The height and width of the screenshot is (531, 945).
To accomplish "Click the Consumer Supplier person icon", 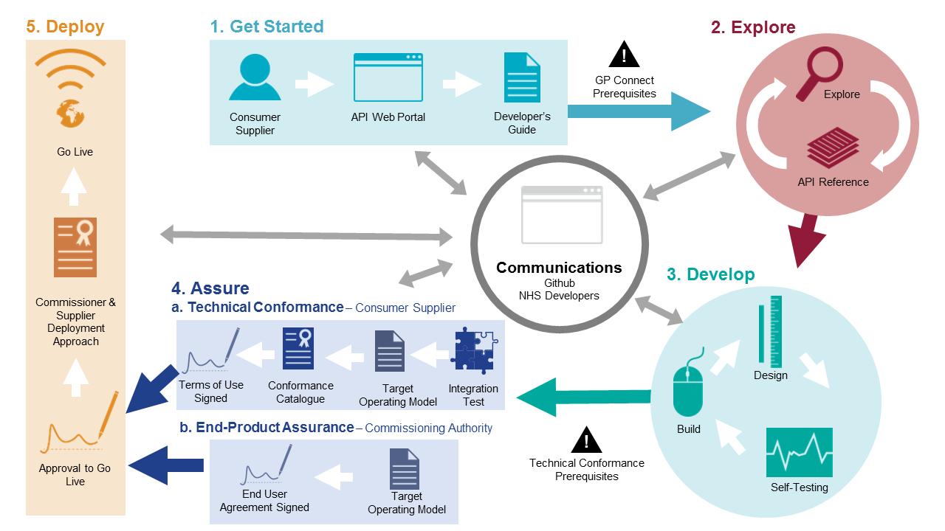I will pyautogui.click(x=255, y=77).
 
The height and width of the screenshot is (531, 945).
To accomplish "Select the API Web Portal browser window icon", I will pyautogui.click(x=388, y=77).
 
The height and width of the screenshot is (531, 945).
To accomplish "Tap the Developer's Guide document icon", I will pyautogui.click(x=522, y=77).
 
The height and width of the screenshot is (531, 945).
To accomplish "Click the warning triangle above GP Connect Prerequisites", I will pyautogui.click(x=624, y=55).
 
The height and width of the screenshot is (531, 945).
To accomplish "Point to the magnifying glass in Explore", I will pyautogui.click(x=814, y=73).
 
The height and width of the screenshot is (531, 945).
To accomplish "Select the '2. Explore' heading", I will pyautogui.click(x=753, y=28).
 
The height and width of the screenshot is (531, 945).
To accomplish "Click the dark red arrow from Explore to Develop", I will pyautogui.click(x=808, y=240).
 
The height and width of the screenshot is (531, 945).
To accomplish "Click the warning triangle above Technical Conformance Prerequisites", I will pyautogui.click(x=586, y=440).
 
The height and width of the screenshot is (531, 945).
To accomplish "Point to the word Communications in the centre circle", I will pyautogui.click(x=559, y=268).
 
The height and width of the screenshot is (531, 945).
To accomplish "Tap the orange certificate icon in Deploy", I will pyautogui.click(x=75, y=247).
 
